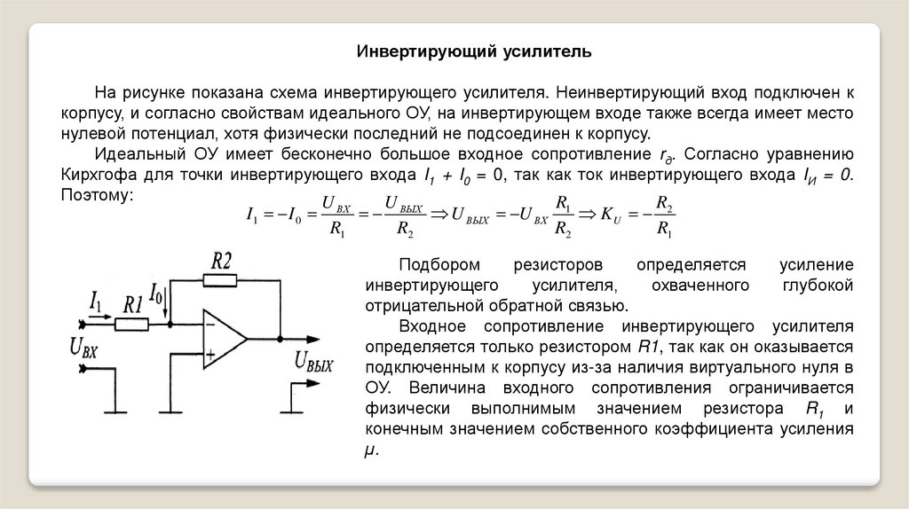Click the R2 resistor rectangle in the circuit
point(220,281)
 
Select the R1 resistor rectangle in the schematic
point(132,325)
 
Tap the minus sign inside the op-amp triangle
point(210,325)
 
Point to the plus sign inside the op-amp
point(210,356)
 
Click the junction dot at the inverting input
point(170,325)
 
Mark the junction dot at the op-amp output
point(280,339)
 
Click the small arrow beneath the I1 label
point(100,315)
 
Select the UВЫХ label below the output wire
point(312,362)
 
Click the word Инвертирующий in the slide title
point(412,51)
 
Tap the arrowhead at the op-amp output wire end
point(314,339)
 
